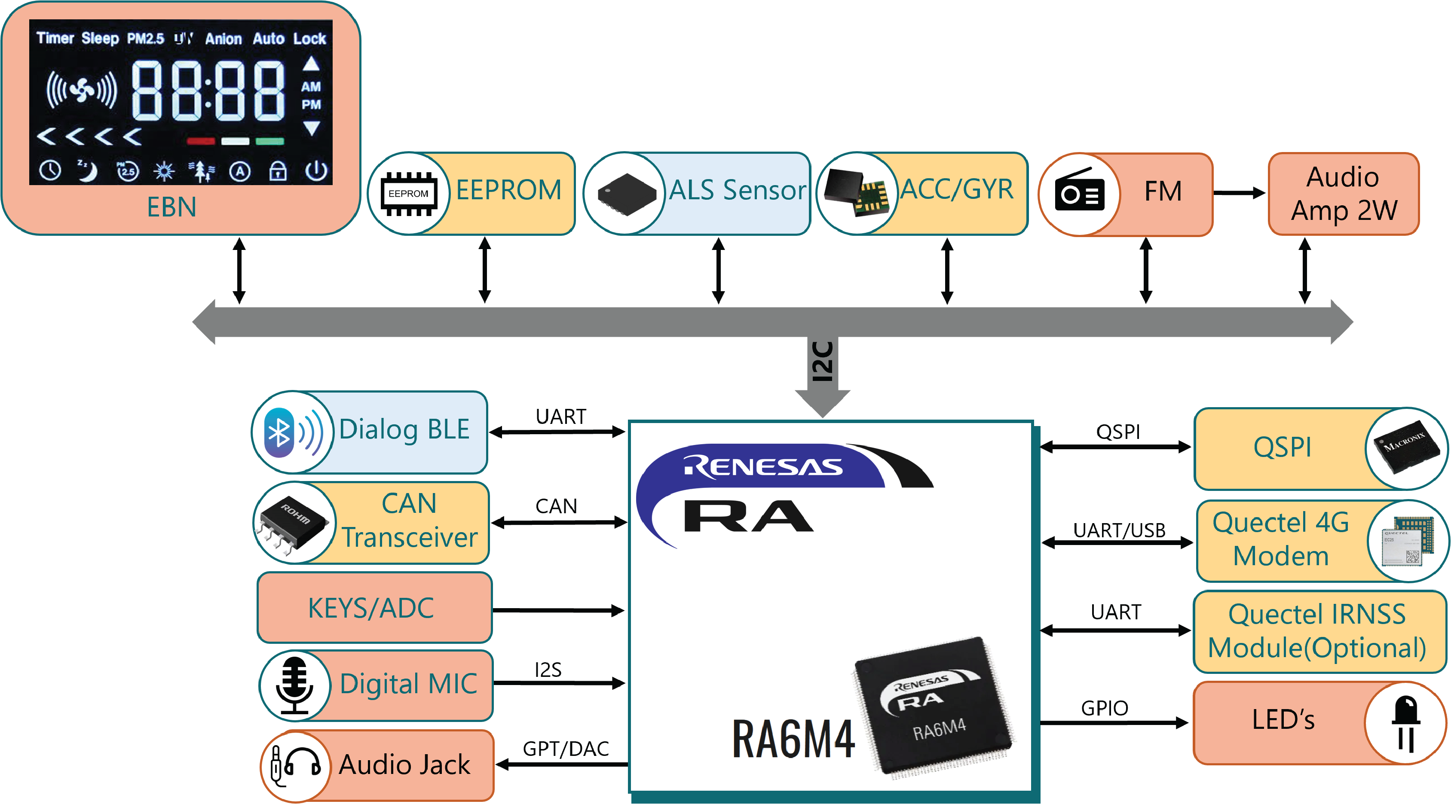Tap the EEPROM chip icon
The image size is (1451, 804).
408,194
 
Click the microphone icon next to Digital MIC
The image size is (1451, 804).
294,685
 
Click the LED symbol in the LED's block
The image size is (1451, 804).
1406,724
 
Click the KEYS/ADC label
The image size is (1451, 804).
371,608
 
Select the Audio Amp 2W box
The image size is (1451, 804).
1344,194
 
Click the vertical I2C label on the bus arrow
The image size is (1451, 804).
822,362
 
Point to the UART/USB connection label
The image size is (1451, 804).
1119,530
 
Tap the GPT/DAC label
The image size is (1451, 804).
566,749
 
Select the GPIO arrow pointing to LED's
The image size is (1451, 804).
1114,723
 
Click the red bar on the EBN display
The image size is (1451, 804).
201,141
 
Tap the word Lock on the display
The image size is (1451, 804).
310,38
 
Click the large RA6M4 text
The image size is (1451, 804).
793,739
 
